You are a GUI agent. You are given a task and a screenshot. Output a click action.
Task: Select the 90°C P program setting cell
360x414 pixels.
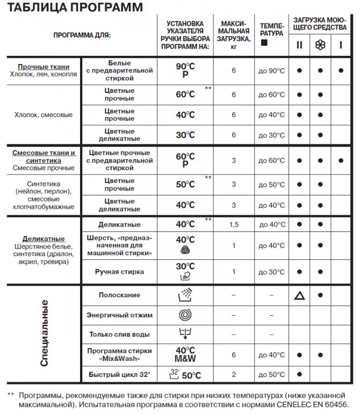point(185,70)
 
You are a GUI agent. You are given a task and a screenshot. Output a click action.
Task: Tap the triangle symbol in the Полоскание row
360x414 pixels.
point(299,295)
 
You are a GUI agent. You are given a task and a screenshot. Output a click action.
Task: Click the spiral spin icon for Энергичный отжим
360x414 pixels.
point(185,315)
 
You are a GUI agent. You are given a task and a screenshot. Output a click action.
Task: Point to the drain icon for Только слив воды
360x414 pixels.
point(185,334)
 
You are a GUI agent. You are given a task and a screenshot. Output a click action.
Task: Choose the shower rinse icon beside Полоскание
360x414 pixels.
point(185,295)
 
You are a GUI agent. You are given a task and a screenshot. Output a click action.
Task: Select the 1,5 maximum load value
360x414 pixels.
point(234,224)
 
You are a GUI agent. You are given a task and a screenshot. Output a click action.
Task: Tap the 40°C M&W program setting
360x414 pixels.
point(185,354)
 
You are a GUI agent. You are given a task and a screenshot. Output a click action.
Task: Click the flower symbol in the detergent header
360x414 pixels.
point(320,45)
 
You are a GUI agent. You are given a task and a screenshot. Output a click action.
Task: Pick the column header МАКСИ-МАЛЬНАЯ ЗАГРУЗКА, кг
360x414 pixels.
point(234,35)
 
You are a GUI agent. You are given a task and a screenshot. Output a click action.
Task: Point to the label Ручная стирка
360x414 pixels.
point(119,272)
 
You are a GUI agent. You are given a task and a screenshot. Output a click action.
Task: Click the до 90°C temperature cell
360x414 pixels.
point(271,71)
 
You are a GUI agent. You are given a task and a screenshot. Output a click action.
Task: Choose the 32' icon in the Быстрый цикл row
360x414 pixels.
point(175,373)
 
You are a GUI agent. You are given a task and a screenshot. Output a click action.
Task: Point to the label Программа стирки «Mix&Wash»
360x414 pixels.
point(119,354)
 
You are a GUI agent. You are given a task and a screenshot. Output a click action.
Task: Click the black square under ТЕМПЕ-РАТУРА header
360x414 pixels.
point(263,42)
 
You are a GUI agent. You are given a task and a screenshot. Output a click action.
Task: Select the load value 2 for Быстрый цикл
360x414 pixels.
point(234,374)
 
